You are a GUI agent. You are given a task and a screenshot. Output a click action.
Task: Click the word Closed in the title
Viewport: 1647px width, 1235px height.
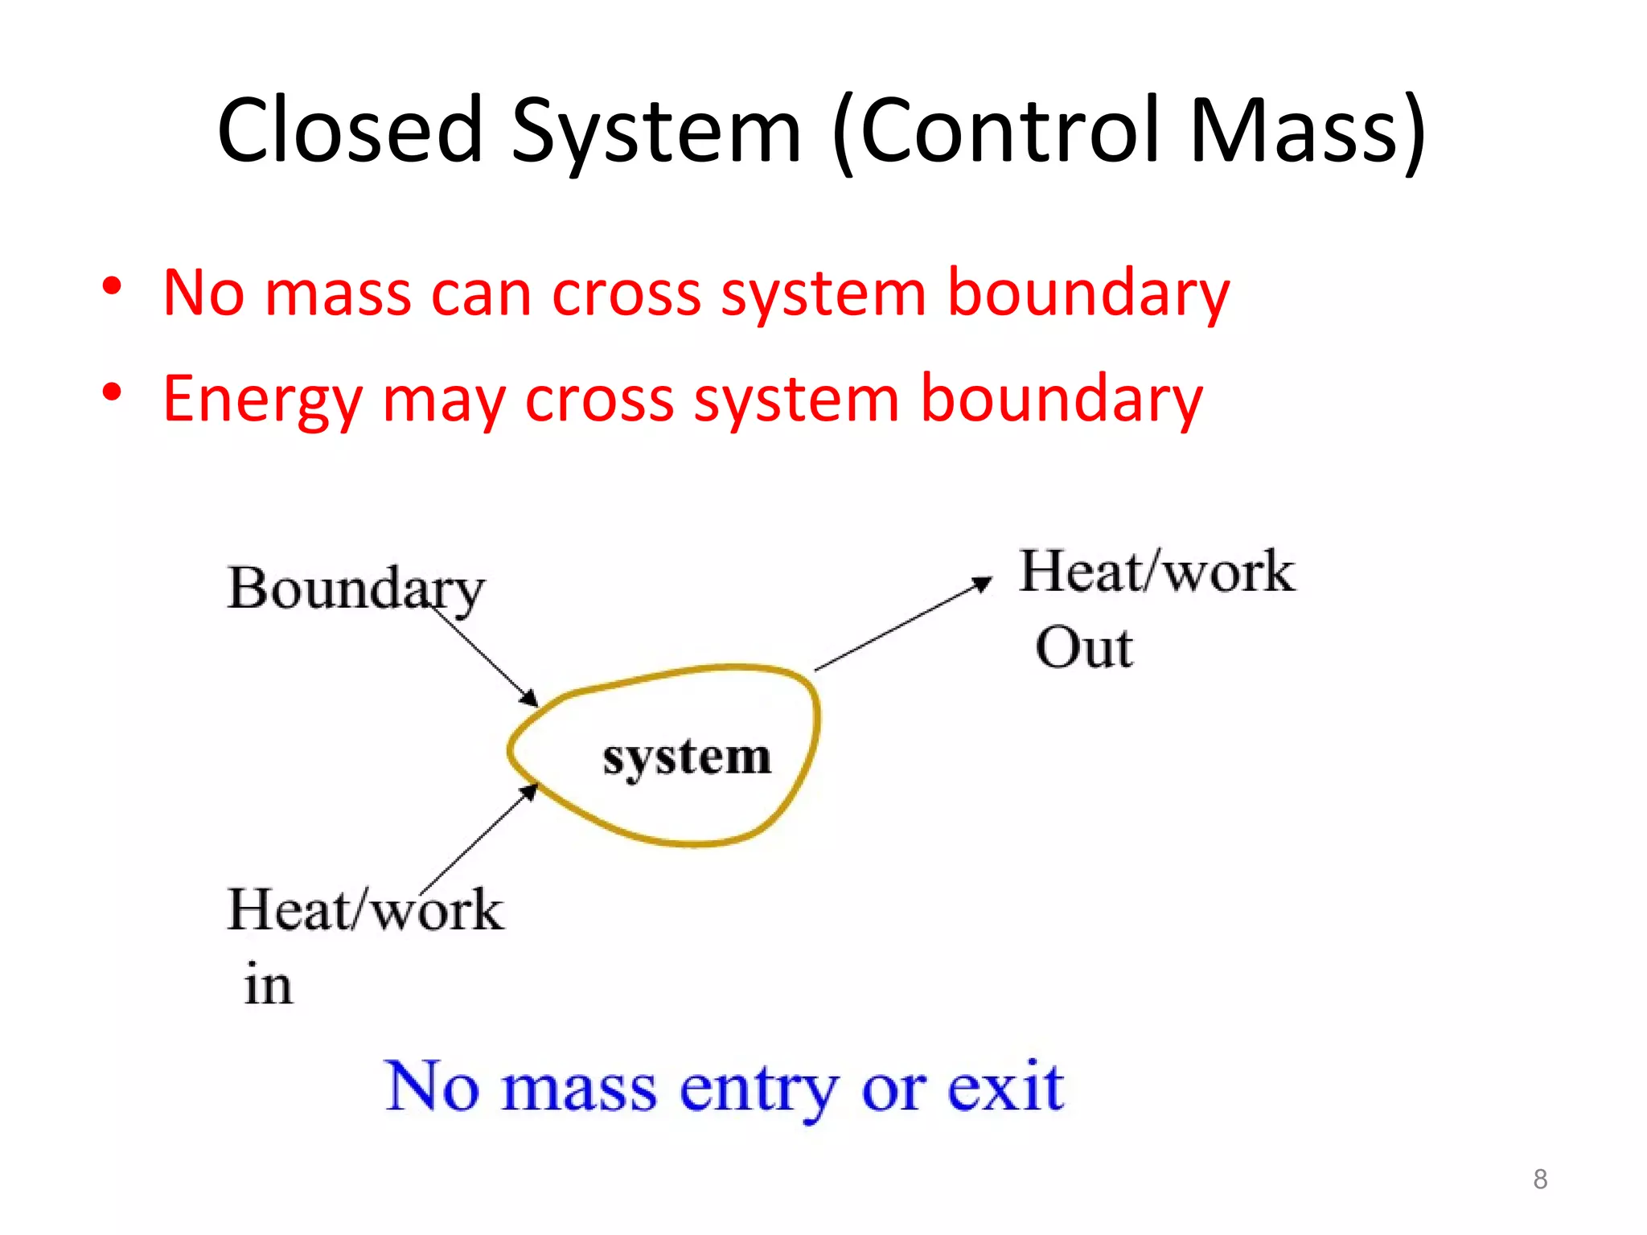(x=350, y=130)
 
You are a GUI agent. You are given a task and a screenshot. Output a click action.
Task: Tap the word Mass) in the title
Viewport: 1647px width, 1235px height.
(x=1307, y=130)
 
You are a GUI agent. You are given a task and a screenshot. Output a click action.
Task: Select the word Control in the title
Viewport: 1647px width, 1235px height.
(x=1009, y=130)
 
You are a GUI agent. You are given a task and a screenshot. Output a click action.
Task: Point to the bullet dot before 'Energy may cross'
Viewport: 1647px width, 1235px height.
(x=112, y=393)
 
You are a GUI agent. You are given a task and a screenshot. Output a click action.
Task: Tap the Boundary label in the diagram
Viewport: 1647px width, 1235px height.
(x=355, y=589)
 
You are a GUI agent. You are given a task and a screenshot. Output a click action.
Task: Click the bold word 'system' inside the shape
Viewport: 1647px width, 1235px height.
(x=687, y=757)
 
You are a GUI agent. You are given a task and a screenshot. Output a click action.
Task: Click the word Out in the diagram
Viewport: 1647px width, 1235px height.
(x=1084, y=648)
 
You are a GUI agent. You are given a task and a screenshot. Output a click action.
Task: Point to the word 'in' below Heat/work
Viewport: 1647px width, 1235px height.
(x=268, y=985)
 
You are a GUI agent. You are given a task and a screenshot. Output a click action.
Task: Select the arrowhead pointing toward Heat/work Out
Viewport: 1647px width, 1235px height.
(x=983, y=583)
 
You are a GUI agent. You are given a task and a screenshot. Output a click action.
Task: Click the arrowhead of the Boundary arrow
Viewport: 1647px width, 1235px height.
(x=529, y=699)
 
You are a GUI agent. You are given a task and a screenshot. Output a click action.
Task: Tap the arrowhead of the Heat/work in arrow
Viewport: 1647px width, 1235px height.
(x=529, y=793)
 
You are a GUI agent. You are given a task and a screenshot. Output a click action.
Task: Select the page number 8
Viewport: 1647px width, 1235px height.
(x=1540, y=1179)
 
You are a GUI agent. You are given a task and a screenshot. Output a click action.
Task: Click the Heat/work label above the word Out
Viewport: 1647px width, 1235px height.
(x=1156, y=572)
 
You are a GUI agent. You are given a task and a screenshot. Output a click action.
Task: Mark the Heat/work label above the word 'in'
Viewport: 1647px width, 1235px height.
(x=365, y=911)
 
